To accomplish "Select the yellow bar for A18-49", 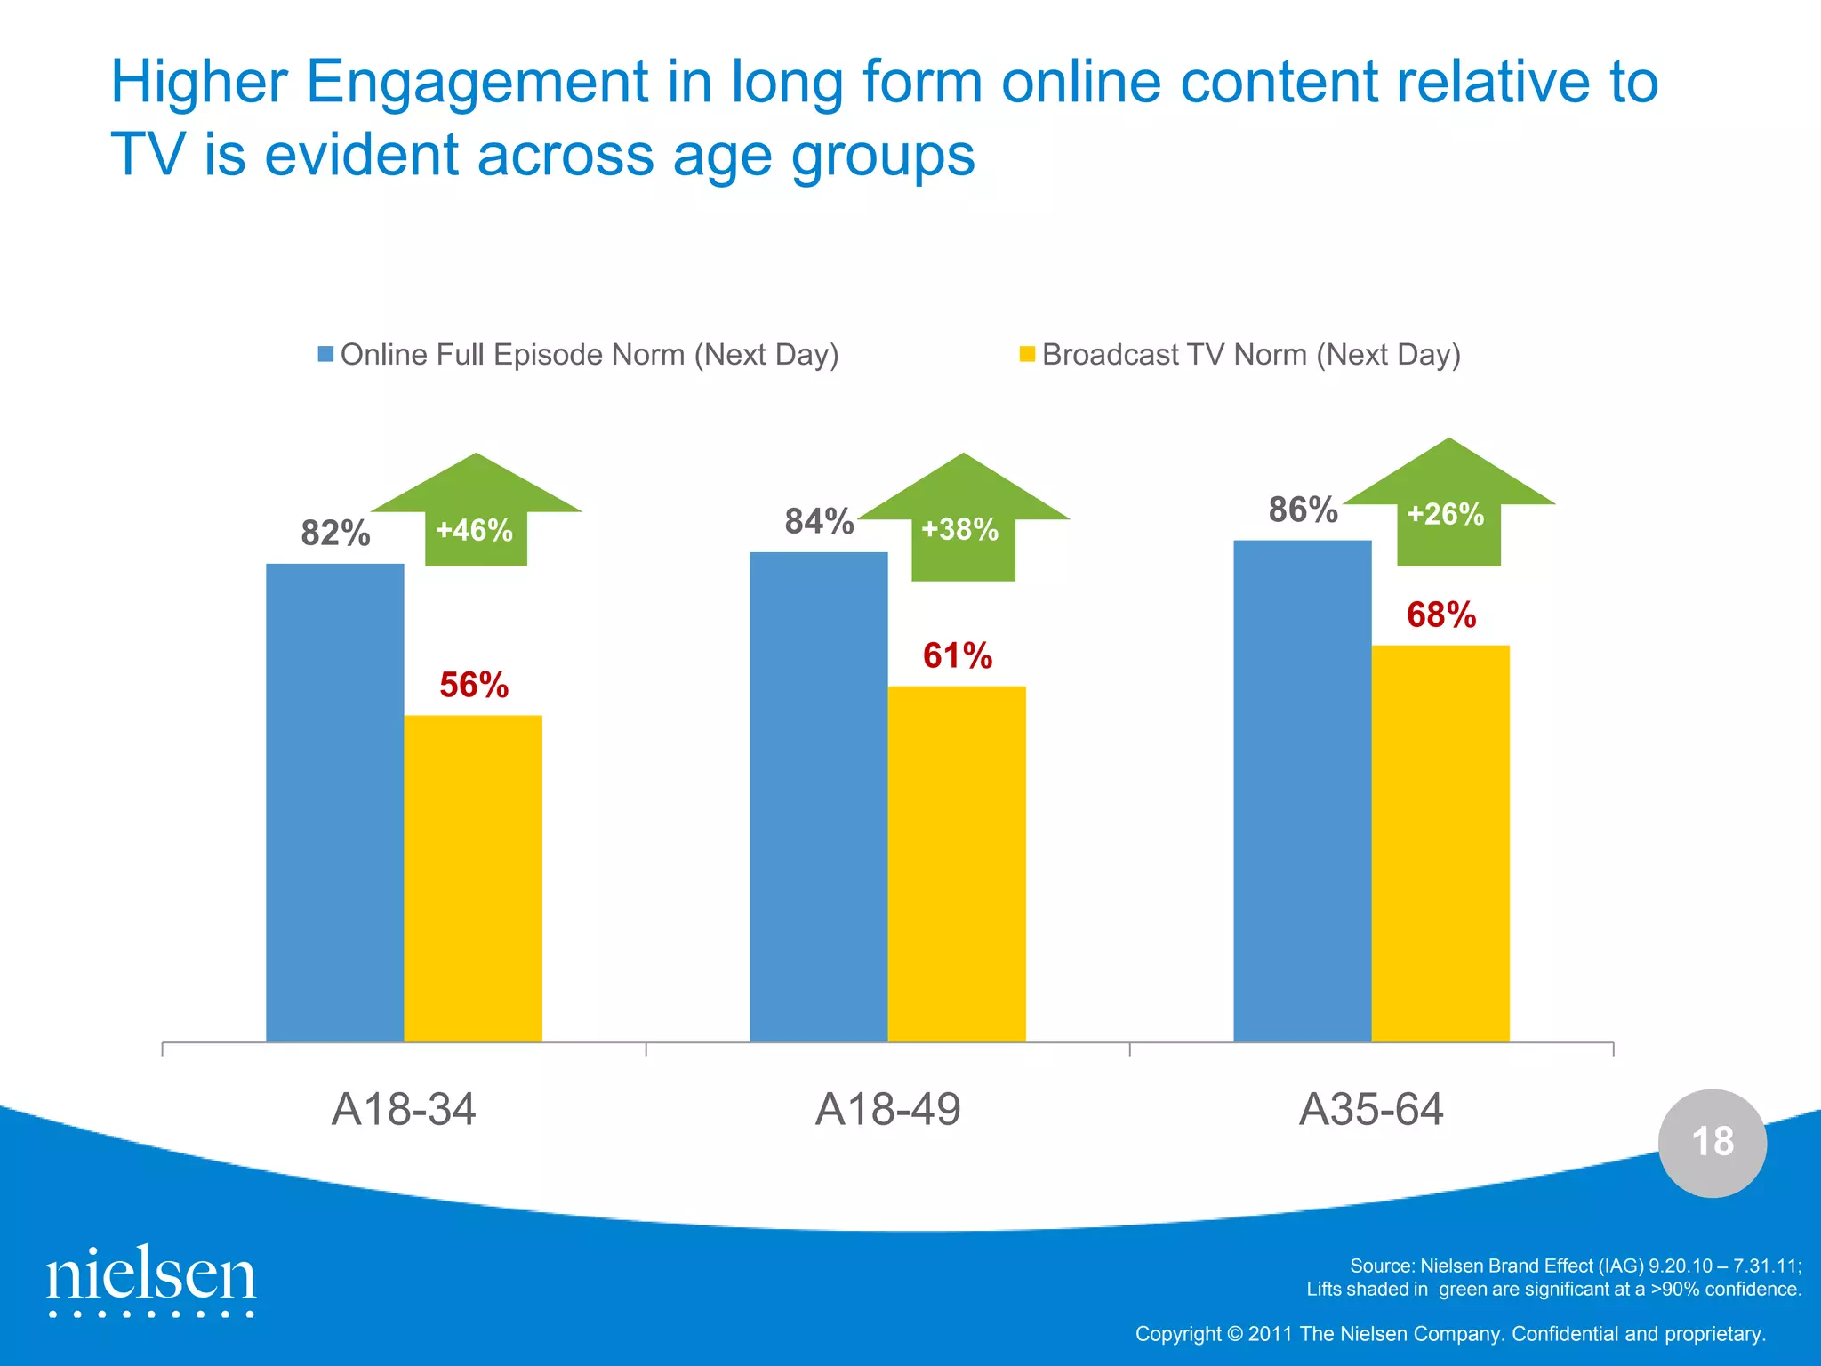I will (x=957, y=864).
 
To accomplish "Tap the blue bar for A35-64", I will (x=1303, y=791).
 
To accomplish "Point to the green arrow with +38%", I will (x=963, y=525).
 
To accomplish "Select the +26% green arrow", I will (x=1448, y=507).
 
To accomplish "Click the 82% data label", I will (x=335, y=534).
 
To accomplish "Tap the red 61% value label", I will (x=958, y=656).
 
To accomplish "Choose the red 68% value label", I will (x=1441, y=615).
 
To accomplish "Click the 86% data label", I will (x=1303, y=510).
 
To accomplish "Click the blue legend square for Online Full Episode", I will (x=325, y=354).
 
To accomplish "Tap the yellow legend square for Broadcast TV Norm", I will (x=1027, y=354).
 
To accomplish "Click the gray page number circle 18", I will (x=1712, y=1143).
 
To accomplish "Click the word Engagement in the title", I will (x=477, y=83).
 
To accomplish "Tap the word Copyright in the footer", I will (x=1178, y=1334).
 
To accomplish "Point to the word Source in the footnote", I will (x=1381, y=1266).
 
